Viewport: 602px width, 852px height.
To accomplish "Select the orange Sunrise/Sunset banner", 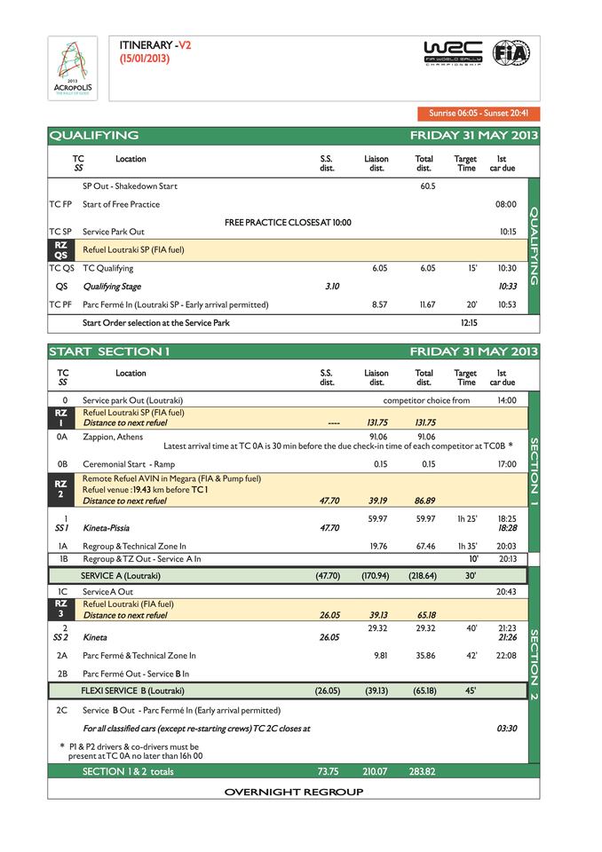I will coord(478,114).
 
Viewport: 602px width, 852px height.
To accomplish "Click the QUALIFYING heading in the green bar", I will coord(94,136).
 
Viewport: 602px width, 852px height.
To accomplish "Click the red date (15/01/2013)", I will coord(144,59).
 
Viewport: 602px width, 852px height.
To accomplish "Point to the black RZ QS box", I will coord(60,249).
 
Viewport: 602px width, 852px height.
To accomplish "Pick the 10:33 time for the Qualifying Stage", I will coord(507,287).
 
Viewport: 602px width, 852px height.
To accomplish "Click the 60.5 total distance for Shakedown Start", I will coord(427,186).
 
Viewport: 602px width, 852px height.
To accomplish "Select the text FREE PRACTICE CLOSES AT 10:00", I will coord(288,222).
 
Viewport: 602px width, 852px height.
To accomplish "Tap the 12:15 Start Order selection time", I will coord(470,323).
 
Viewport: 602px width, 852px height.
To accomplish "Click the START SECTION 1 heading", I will coord(109,352).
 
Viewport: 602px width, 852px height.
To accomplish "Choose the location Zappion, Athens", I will coord(113,436).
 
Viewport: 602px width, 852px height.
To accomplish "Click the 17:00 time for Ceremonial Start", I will coord(507,463).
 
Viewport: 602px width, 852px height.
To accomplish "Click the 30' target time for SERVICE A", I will coord(470,575).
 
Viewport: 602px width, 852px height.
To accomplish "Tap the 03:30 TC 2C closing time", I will coord(507,728).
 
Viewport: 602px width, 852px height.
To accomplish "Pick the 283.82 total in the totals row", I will coord(422,771).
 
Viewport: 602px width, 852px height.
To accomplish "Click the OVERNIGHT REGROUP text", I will coord(294,792).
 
